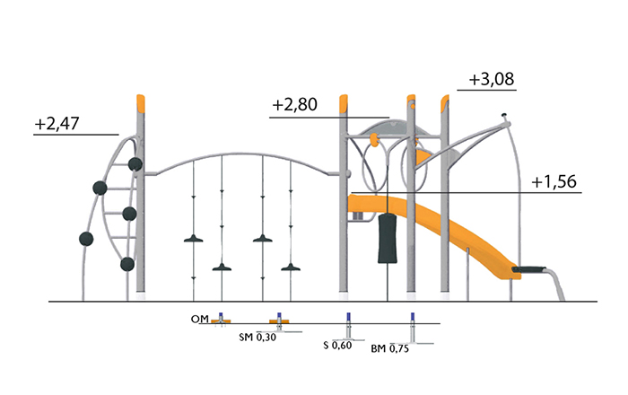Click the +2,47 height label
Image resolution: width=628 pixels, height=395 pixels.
[57, 123]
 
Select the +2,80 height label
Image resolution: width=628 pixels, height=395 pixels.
[295, 104]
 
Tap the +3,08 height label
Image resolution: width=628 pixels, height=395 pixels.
[492, 79]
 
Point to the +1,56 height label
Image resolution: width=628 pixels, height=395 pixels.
[554, 181]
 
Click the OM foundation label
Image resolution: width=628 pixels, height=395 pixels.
[200, 319]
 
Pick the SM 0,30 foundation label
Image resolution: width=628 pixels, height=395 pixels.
[257, 337]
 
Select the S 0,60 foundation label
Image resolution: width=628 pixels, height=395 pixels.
[337, 345]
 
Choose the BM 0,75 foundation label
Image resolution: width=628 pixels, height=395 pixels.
[389, 348]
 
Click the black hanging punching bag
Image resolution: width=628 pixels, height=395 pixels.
[388, 238]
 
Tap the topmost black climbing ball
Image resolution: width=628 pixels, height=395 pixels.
[135, 164]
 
